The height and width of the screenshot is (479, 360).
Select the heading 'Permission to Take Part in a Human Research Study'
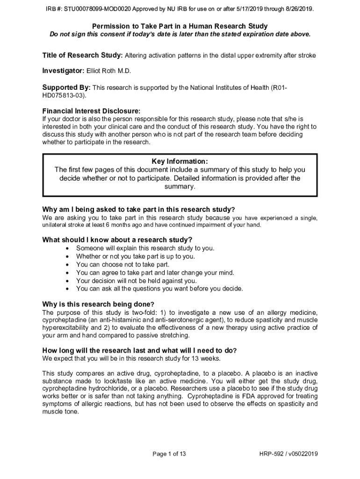[x=180, y=26]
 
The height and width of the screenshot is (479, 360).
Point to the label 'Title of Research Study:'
[x=82, y=55]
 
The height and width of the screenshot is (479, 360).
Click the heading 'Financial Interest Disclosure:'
[x=91, y=111]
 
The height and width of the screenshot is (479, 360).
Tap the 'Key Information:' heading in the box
[x=180, y=162]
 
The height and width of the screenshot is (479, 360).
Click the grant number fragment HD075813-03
[x=63, y=95]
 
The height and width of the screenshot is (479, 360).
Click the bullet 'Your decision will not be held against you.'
[x=137, y=281]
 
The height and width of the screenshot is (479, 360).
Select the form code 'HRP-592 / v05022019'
[x=288, y=454]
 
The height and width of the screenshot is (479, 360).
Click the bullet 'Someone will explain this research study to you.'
[x=145, y=248]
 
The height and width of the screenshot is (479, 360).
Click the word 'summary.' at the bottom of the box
[x=180, y=187]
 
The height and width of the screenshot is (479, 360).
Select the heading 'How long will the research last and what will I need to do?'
[x=139, y=350]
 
